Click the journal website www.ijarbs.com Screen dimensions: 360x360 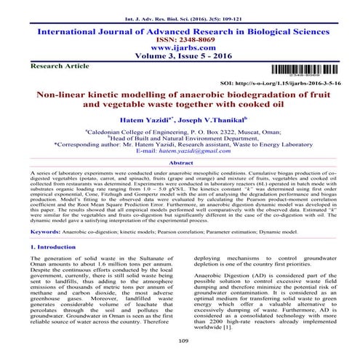(x=180, y=43)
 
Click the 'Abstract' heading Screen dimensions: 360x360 (x=180, y=164)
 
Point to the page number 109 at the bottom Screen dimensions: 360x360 (x=180, y=339)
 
